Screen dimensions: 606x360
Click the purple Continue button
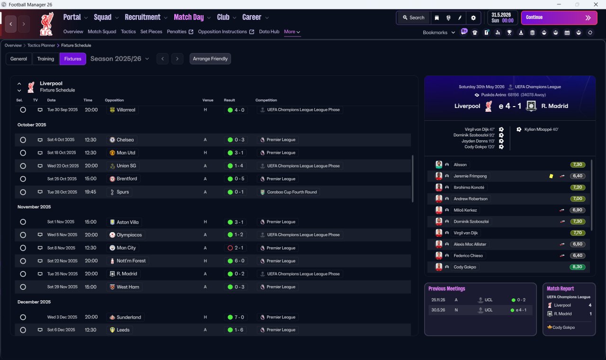559,18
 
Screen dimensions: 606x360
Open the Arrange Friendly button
210,59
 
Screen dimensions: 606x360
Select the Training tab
45,59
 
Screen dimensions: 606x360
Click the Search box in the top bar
414,18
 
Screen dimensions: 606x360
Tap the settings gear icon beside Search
473,18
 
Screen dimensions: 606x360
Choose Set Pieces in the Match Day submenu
151,32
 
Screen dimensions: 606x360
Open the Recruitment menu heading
143,18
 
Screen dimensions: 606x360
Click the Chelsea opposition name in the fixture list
125,140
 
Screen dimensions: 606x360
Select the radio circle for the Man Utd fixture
23,153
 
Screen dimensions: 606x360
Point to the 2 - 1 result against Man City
239,248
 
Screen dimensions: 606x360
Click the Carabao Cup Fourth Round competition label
292,192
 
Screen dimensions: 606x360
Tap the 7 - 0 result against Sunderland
239,317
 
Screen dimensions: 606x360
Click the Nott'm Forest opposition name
131,261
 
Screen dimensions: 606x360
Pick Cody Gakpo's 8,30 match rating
577,267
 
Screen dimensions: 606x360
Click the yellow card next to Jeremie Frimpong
551,176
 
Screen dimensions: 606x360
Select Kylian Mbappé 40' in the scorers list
541,129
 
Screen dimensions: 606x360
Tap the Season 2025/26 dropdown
120,59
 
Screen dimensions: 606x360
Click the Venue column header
208,100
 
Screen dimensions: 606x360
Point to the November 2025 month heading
34,207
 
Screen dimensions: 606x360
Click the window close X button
596,4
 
